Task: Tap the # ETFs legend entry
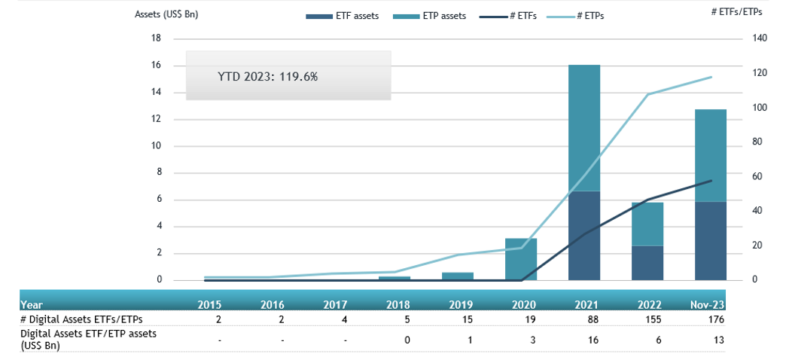(x=509, y=15)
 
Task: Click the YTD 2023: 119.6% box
(x=288, y=75)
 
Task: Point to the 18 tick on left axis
(x=157, y=39)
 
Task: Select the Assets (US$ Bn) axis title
(x=166, y=14)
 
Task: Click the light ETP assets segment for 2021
(x=584, y=128)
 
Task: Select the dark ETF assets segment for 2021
(x=584, y=236)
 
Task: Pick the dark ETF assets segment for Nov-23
(x=711, y=241)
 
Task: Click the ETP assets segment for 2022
(x=647, y=224)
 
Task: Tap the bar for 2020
(x=521, y=259)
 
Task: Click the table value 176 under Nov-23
(x=715, y=319)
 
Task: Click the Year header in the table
(x=32, y=305)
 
